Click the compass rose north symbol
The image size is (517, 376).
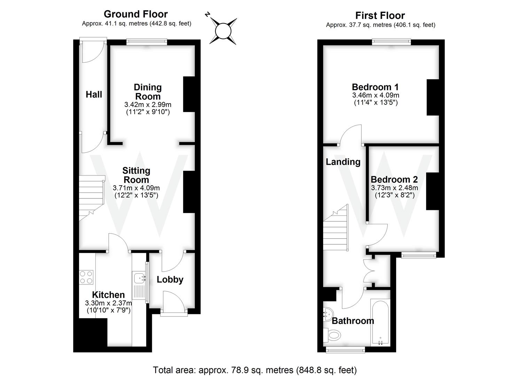[x=223, y=31]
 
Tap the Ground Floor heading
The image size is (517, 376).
[x=136, y=14]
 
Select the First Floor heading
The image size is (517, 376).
[x=380, y=16]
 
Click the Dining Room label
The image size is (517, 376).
[x=148, y=92]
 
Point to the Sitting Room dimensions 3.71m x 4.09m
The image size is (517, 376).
[x=136, y=188]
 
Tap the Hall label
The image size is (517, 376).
[x=94, y=94]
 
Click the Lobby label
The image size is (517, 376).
[x=170, y=280]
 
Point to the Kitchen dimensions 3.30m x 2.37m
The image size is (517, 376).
[x=108, y=303]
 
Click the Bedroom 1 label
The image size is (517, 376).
[x=375, y=87]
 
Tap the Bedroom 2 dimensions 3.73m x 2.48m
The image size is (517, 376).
[x=394, y=188]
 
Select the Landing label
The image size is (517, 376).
[x=343, y=162]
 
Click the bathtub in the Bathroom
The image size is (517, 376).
[x=380, y=322]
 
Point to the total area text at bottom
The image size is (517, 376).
[x=255, y=369]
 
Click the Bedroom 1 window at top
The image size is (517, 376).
[x=391, y=42]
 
